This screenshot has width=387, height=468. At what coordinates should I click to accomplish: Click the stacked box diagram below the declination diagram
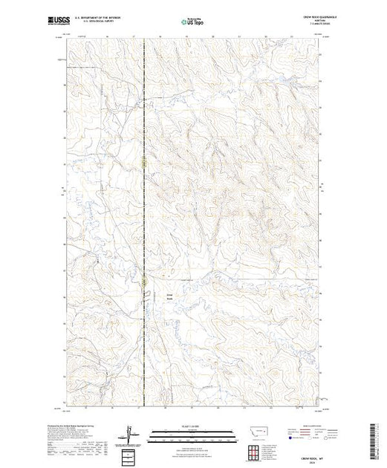tap(129, 452)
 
